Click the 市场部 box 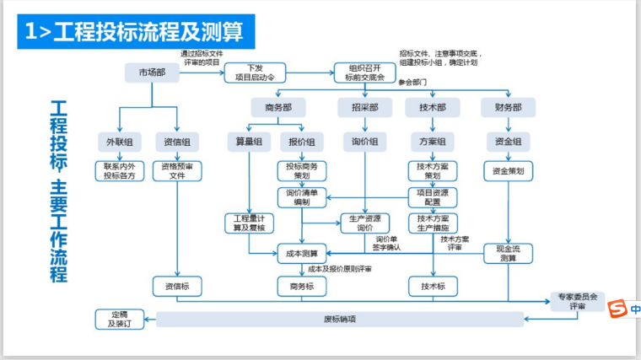tap(152, 73)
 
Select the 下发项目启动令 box tap(256, 73)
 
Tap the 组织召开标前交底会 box tap(364, 73)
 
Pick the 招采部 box tap(364, 108)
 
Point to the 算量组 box tap(249, 142)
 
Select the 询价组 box tap(364, 142)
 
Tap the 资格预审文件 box tap(178, 171)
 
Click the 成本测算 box tap(302, 252)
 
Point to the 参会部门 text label tap(413, 83)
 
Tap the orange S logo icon tap(617, 309)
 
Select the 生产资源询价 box tap(364, 223)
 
